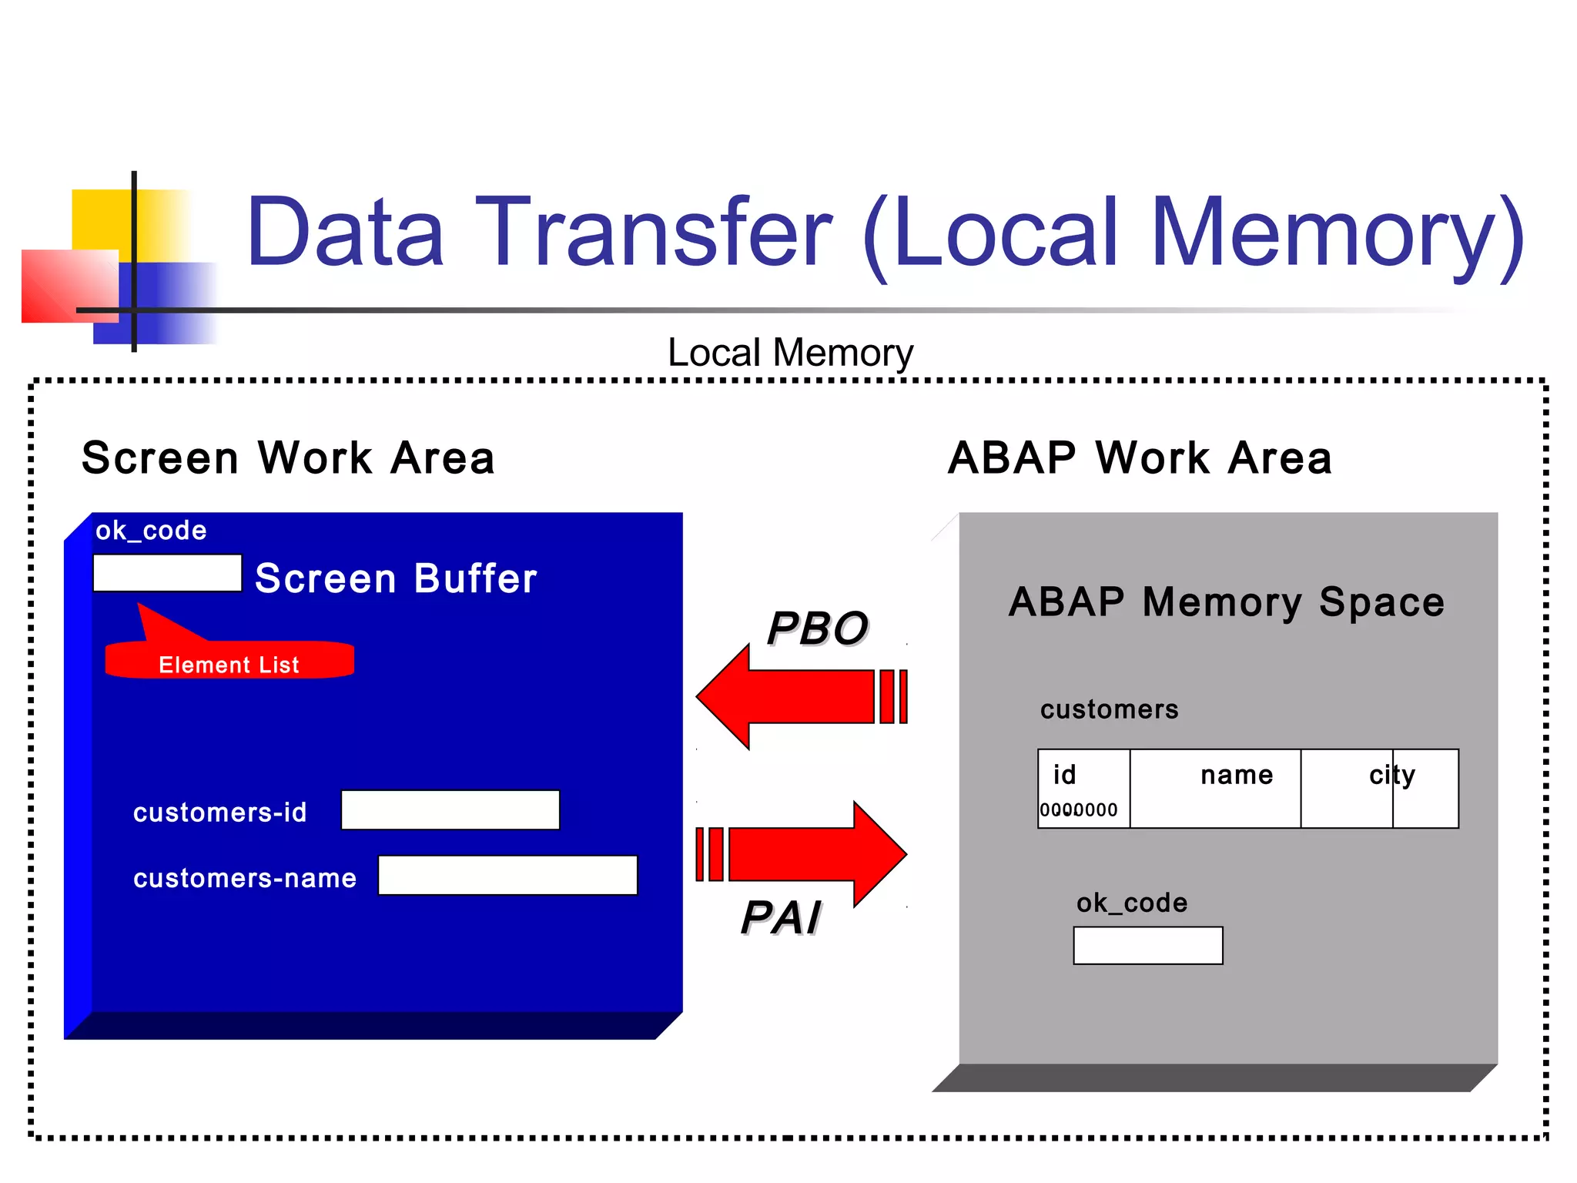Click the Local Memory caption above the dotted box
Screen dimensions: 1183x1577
790,353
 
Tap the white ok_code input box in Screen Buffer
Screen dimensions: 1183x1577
167,573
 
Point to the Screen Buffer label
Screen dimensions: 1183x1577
396,578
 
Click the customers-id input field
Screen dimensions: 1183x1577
450,810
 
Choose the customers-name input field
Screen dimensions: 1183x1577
507,876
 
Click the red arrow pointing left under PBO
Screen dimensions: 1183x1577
793,696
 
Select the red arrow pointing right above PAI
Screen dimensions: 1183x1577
809,853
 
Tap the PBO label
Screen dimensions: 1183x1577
817,628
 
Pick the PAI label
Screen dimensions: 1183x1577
781,917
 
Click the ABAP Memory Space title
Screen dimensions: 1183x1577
1227,602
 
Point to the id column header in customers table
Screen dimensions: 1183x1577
1065,775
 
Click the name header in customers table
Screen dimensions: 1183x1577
1237,775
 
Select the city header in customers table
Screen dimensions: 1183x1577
1392,775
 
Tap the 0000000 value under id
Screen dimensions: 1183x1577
1078,810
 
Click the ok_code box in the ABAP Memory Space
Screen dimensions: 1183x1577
1147,945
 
